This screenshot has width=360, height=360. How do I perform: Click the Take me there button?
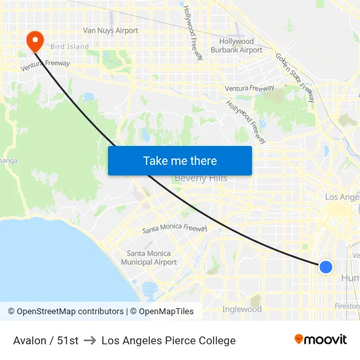point(179,160)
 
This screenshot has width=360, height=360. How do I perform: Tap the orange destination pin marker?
point(34,42)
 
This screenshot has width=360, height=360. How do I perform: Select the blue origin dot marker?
point(325,266)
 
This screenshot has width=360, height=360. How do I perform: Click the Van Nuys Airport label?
point(111,30)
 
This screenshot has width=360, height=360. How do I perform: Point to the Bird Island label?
point(69,46)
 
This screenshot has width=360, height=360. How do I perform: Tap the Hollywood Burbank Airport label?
point(240,46)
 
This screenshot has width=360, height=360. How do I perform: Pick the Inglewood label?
point(242,309)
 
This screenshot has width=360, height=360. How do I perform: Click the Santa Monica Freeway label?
point(175,229)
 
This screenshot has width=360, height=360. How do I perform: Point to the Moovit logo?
point(321,340)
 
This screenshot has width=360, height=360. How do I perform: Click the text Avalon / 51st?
point(46,340)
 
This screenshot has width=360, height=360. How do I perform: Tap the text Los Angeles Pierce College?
point(168,340)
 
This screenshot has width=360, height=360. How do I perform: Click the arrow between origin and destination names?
point(90,340)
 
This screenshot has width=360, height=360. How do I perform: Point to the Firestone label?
point(348,306)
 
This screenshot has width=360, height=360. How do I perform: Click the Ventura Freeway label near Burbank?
point(249,88)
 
